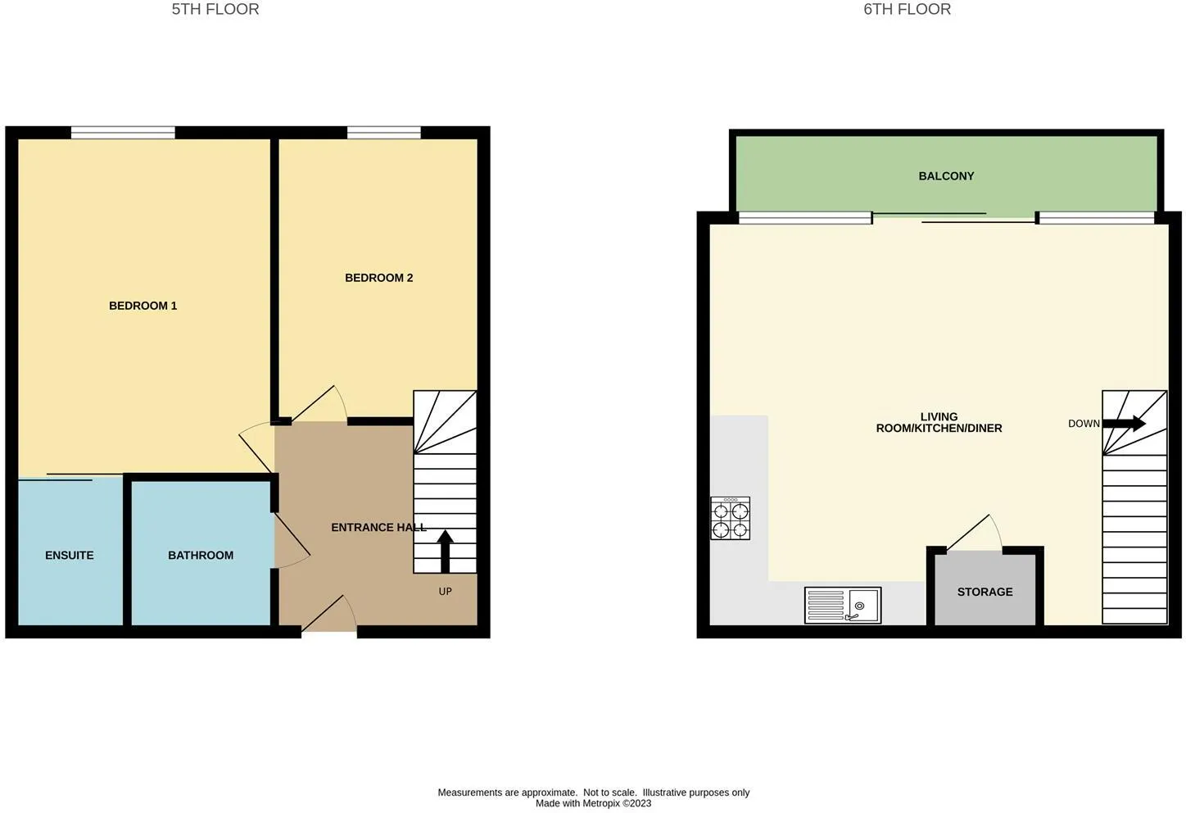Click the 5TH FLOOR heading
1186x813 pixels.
tap(215, 9)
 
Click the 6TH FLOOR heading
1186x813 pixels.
tap(907, 9)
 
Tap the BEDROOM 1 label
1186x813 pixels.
tap(143, 306)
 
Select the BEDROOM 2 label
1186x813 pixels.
tap(378, 278)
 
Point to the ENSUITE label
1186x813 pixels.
tap(70, 555)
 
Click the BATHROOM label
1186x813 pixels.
tap(201, 555)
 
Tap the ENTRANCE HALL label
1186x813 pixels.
tap(378, 527)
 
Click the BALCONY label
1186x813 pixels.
tap(946, 176)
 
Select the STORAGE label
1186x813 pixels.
tap(985, 592)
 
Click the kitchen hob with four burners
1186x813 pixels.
tap(730, 518)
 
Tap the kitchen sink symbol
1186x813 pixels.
tap(843, 605)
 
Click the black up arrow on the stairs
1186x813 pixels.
tap(446, 552)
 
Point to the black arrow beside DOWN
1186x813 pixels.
tap(1124, 423)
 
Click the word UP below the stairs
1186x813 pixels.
tap(446, 591)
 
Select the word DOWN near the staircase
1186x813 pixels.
tap(1084, 424)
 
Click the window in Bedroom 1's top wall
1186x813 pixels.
tap(123, 133)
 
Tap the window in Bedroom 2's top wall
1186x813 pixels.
tap(384, 133)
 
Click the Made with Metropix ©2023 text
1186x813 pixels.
tap(593, 803)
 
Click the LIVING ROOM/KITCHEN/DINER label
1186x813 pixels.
tap(939, 422)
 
